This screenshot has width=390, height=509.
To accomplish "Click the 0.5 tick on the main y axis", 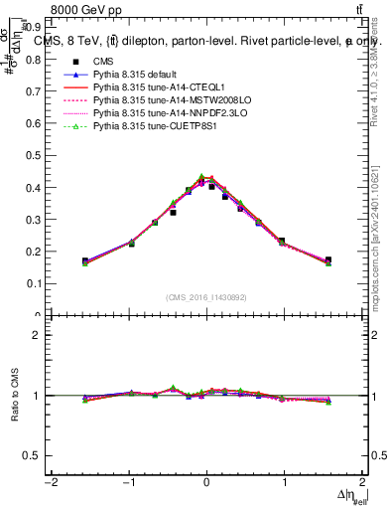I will pyautogui.click(x=33, y=187).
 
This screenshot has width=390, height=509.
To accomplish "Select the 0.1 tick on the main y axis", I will pyautogui.click(x=33, y=283).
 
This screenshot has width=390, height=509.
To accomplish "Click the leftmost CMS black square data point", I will pyautogui.click(x=85, y=261).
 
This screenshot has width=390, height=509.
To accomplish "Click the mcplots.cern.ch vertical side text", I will pyautogui.click(x=378, y=258).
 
